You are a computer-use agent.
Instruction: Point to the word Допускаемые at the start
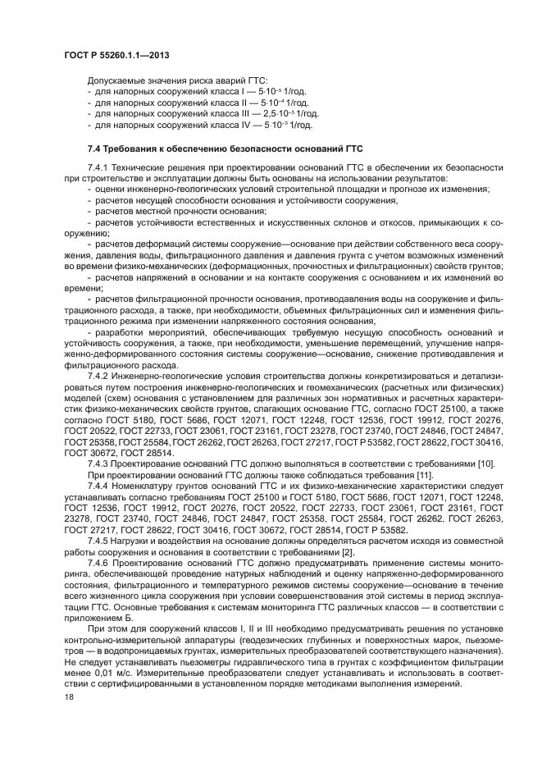(114, 82)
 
